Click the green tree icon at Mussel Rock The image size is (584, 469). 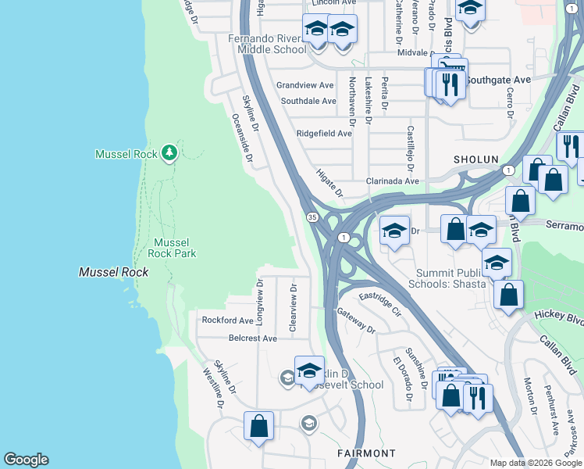169,152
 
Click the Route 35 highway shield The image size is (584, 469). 312,217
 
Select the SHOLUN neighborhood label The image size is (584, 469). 476,159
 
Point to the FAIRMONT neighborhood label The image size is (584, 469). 366,453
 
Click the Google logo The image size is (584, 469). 26,460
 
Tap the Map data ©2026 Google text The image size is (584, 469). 536,463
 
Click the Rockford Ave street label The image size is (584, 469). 228,320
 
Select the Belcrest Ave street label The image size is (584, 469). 253,338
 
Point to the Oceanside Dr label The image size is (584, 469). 243,139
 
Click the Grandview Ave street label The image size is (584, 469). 304,85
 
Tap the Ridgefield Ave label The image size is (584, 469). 324,134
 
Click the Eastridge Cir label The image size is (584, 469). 379,303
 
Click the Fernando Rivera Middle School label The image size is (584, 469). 267,44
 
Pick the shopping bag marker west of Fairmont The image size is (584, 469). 258,427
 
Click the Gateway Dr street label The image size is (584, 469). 357,320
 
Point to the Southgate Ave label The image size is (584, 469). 494,80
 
